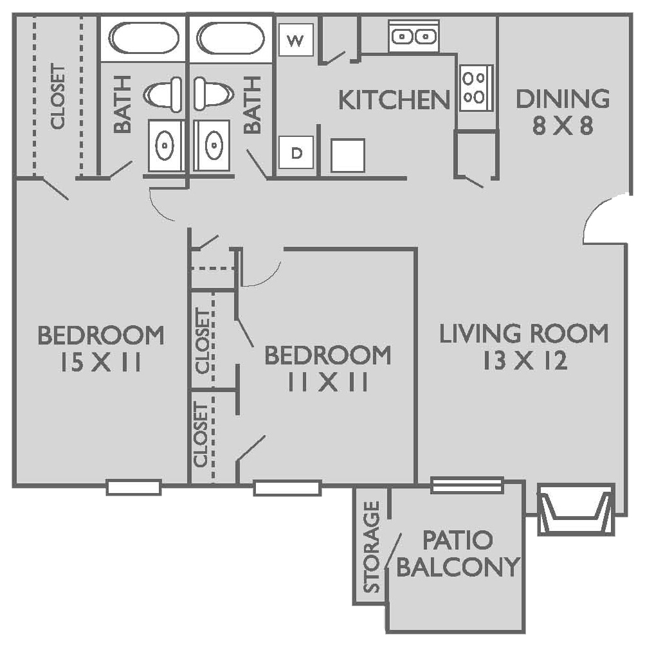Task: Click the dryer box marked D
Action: click(296, 153)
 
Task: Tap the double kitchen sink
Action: click(413, 36)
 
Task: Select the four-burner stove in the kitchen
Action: click(474, 87)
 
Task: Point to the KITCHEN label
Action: click(394, 100)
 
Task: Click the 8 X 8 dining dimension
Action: click(562, 125)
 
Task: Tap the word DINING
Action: click(563, 99)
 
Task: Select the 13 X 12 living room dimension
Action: click(524, 361)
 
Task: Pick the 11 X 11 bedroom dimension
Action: click(327, 382)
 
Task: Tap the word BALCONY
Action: click(457, 567)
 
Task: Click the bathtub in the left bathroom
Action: click(143, 39)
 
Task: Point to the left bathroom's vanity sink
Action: click(166, 145)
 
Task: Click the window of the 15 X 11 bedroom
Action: click(133, 487)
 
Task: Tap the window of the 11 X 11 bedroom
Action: click(287, 488)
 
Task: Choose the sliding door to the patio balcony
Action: click(466, 485)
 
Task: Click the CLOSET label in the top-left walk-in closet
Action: click(58, 96)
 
